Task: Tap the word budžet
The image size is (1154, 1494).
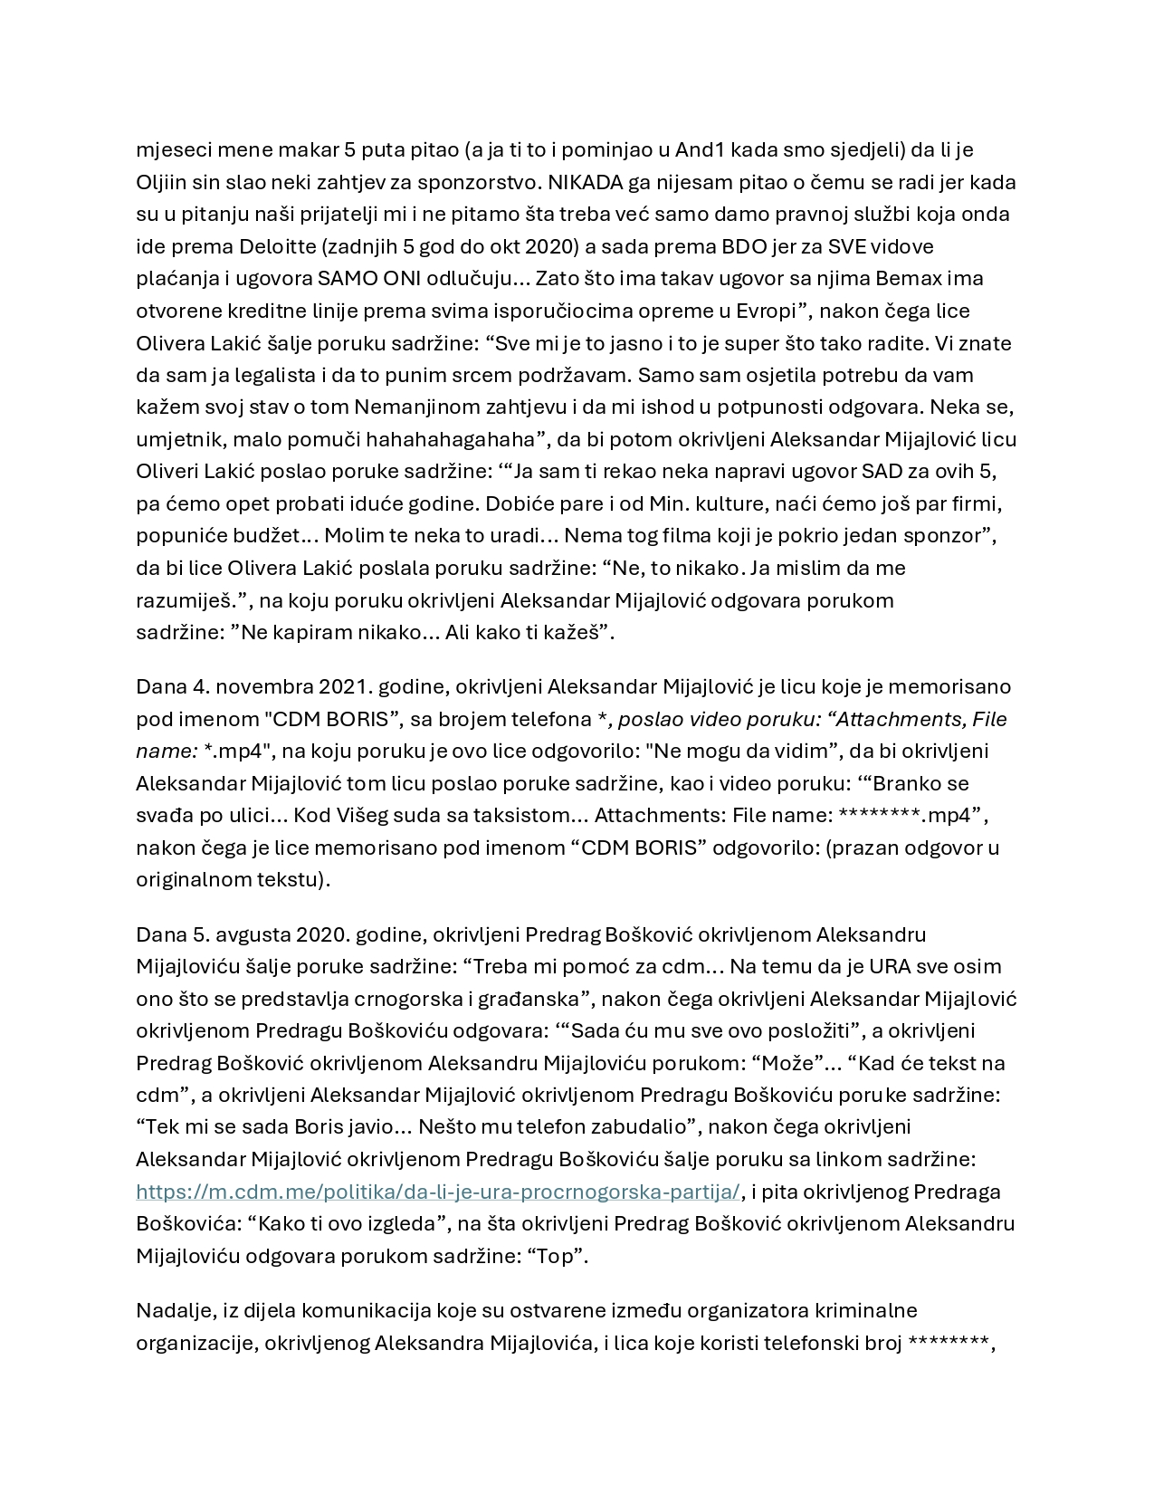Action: click(x=271, y=535)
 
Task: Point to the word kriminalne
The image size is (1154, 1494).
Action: click(x=867, y=1310)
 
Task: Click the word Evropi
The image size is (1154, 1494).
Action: click(x=762, y=311)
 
